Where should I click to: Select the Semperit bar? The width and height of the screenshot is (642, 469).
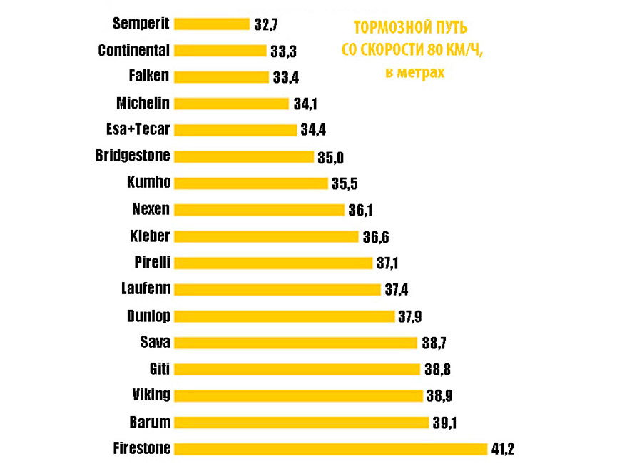(212, 24)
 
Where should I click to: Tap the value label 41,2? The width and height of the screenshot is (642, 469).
(502, 449)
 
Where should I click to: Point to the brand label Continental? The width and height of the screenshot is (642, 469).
(133, 50)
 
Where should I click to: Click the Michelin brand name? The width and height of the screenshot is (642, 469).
(143, 104)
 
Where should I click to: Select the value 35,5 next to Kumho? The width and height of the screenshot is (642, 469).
(344, 183)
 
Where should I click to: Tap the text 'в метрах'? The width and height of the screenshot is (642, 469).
(414, 73)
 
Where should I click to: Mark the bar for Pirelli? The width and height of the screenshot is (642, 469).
(273, 263)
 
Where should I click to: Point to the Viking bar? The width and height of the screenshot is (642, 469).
(299, 395)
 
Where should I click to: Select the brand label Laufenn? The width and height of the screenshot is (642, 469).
(146, 289)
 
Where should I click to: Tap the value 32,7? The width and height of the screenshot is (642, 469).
(265, 24)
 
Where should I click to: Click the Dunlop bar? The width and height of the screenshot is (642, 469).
(284, 316)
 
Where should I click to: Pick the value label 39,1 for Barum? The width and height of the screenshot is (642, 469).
(444, 423)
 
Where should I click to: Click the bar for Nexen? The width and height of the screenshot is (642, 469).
(259, 210)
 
